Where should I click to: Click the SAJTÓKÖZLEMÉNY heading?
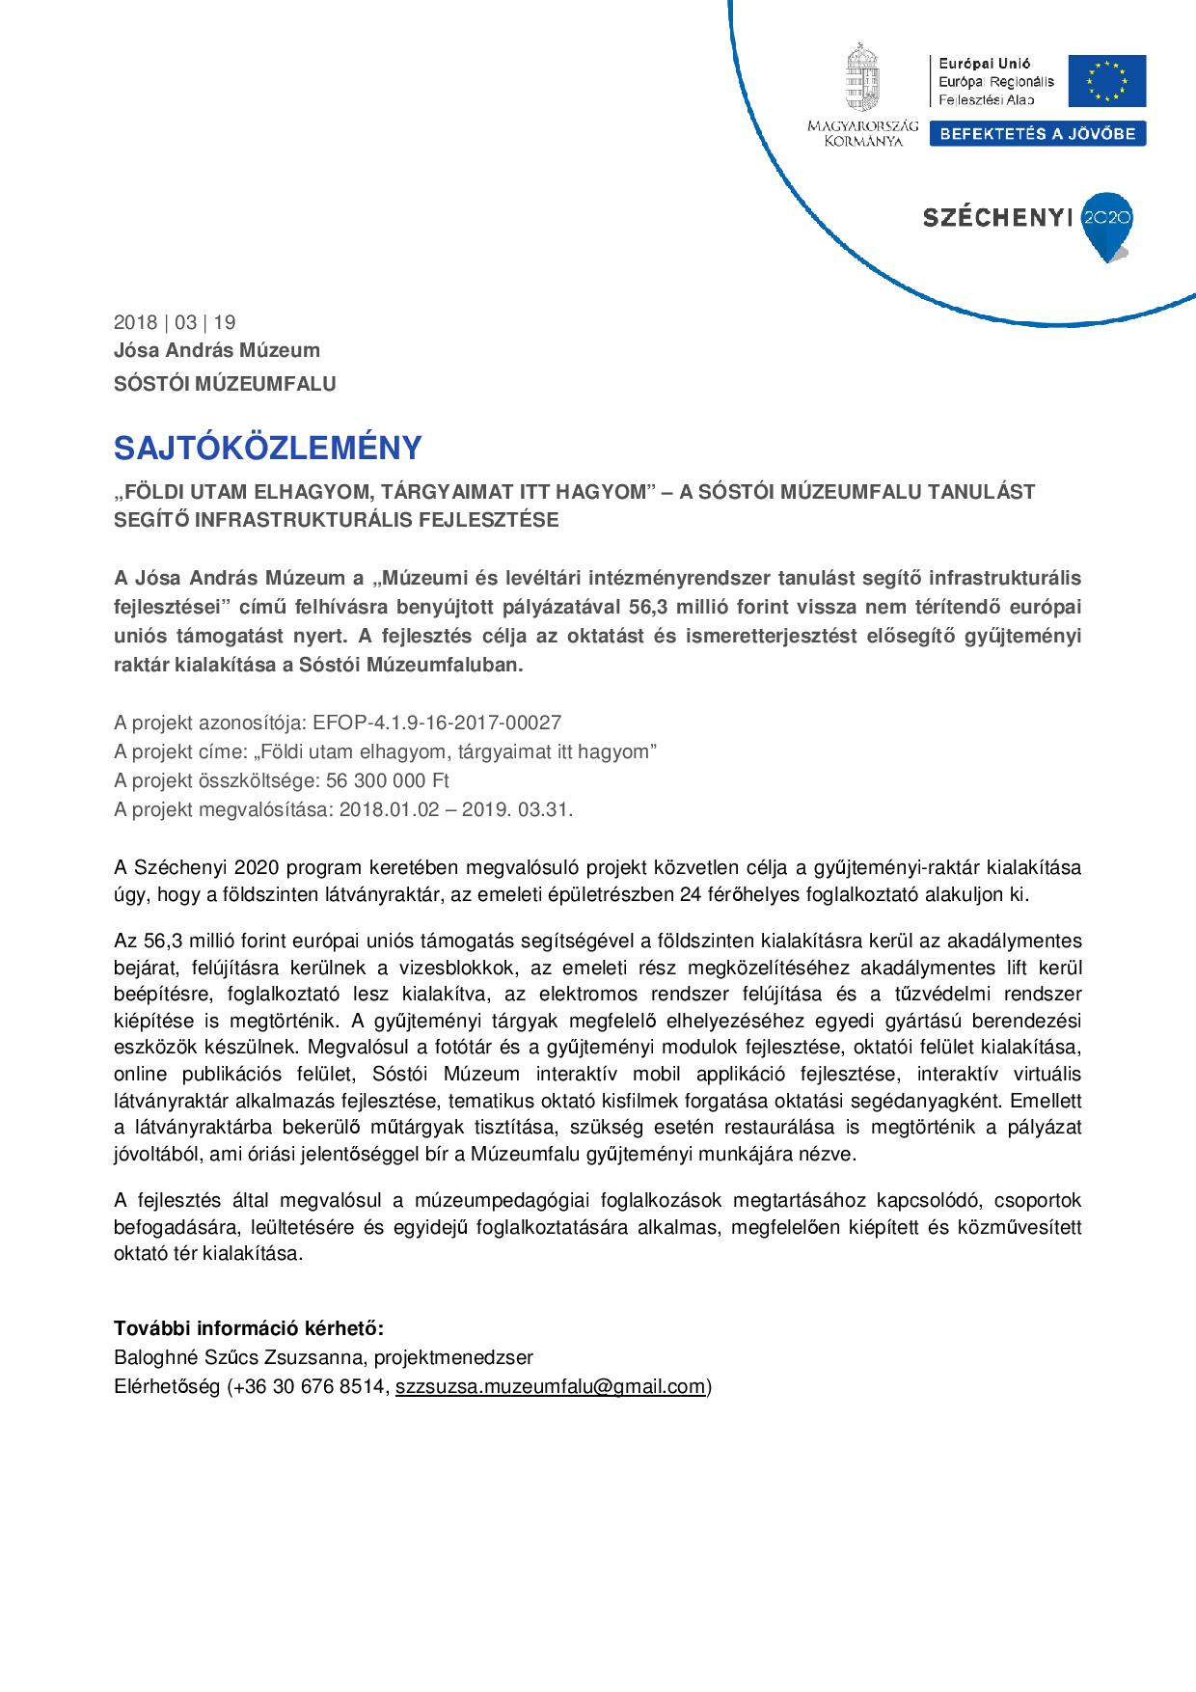[268, 448]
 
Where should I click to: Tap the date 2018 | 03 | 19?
[175, 322]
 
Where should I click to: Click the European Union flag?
[1114, 81]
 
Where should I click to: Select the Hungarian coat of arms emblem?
[862, 78]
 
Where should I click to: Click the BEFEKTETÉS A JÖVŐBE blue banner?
[1038, 134]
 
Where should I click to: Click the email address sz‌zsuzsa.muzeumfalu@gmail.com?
[551, 1387]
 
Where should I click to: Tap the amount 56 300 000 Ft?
[394, 780]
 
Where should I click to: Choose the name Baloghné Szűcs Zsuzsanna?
[237, 1358]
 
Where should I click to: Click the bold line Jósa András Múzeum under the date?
[217, 350]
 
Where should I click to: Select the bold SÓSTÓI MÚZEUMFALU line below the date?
[225, 383]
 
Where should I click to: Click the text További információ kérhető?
[249, 1328]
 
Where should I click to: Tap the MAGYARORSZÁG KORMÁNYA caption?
[862, 133]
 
